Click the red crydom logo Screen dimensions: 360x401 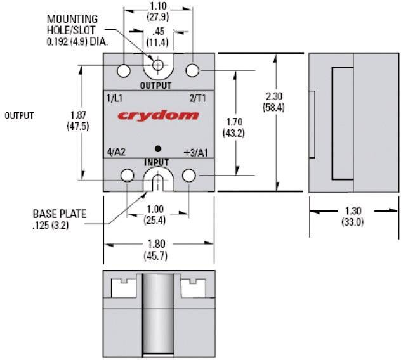[x=157, y=116]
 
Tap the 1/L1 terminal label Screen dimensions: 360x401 [x=115, y=98]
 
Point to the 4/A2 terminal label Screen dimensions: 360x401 [x=117, y=153]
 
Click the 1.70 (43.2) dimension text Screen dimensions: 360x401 [x=234, y=128]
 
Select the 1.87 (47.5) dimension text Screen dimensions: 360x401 [x=77, y=120]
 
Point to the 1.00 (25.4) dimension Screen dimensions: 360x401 [x=157, y=215]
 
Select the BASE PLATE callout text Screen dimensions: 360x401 [x=60, y=219]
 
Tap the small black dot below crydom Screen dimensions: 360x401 [x=158, y=148]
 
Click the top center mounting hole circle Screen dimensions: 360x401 [x=158, y=64]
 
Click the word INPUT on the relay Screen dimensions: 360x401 [x=157, y=163]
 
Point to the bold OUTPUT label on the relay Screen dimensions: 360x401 [x=155, y=86]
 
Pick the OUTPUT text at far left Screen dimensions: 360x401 [x=19, y=116]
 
